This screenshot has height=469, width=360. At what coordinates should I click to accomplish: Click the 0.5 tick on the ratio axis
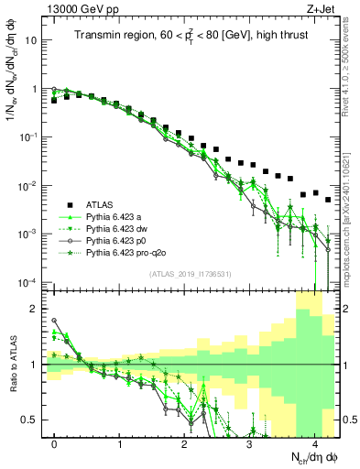tap(31, 420)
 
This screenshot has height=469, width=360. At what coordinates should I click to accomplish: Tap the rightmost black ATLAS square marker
tap(328, 200)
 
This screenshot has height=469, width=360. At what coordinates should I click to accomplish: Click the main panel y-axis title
tap(13, 92)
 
